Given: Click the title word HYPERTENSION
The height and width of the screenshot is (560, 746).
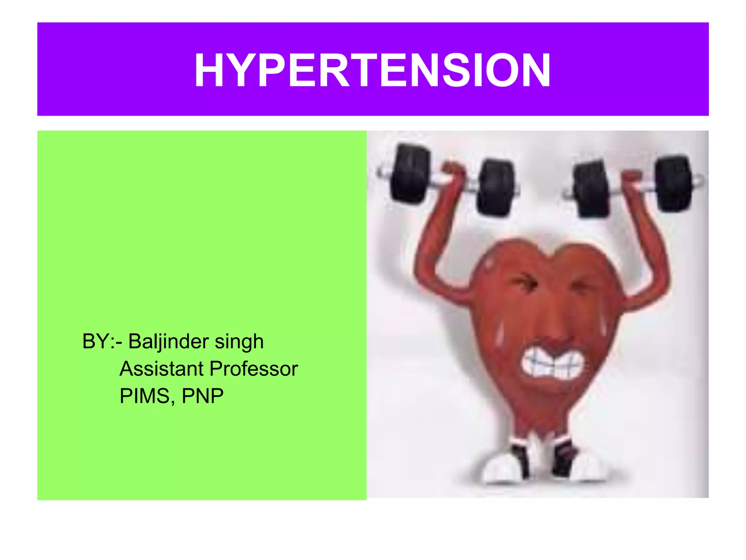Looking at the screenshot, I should point(373,70).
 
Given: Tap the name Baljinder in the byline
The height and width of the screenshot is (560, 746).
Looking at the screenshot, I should point(168,342).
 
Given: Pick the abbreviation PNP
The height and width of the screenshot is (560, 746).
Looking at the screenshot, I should point(203,396).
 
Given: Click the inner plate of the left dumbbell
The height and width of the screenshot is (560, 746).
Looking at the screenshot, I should point(495,188).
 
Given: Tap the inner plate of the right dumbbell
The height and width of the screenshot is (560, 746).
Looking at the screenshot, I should point(592,190).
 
